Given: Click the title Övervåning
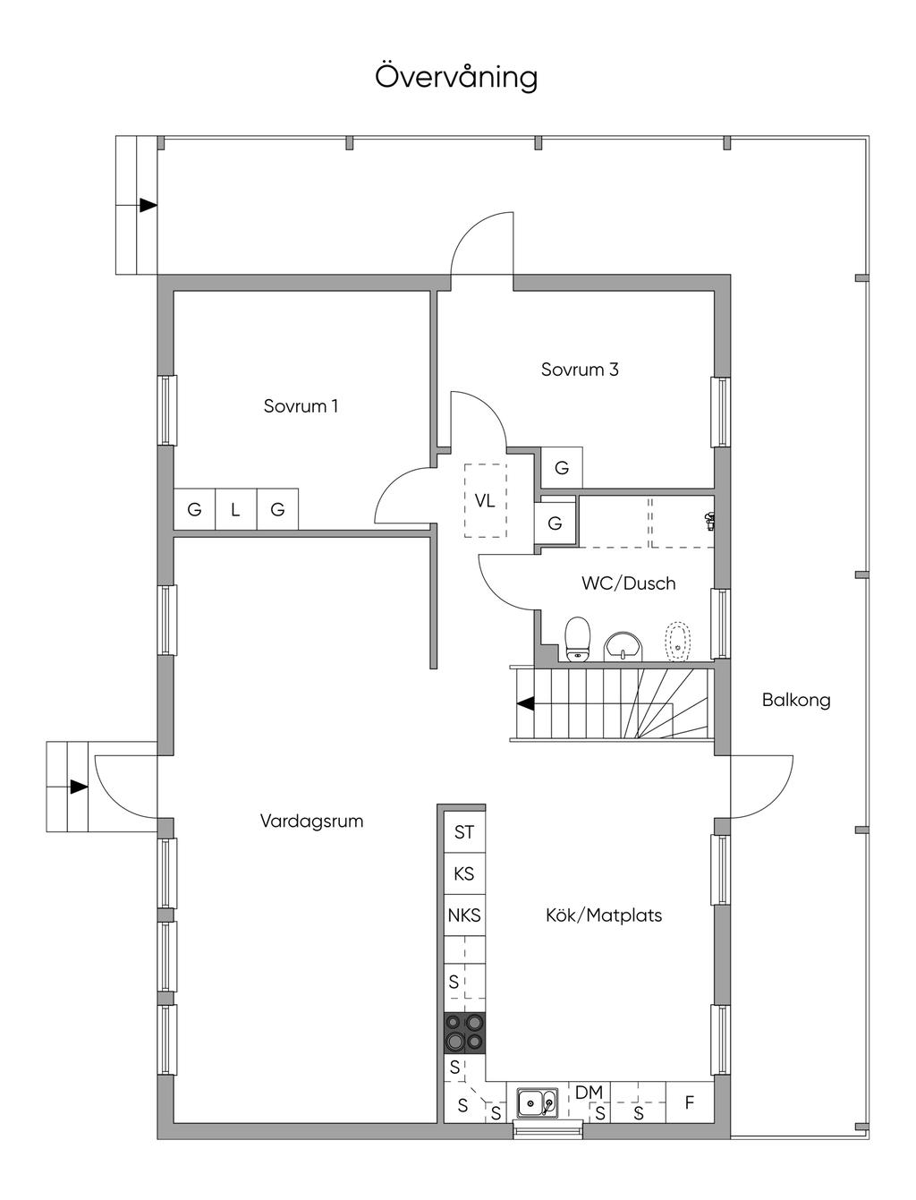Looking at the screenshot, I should pyautogui.click(x=456, y=77).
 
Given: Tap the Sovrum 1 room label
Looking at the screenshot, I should pyautogui.click(x=301, y=406).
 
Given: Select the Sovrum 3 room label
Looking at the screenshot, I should pyautogui.click(x=580, y=370).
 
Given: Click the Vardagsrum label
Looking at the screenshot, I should pyautogui.click(x=311, y=821).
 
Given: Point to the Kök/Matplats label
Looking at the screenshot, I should pyautogui.click(x=604, y=915).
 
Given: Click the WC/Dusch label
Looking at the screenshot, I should pyautogui.click(x=628, y=583).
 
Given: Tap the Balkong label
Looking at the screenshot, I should pyautogui.click(x=796, y=700).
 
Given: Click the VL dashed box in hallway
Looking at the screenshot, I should pyautogui.click(x=485, y=500).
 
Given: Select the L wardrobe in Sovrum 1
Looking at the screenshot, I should pyautogui.click(x=235, y=510).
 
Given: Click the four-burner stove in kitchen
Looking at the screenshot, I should pyautogui.click(x=465, y=1033).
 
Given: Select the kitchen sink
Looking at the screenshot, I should pyautogui.click(x=538, y=1103).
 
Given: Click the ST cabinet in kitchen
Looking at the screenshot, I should pyautogui.click(x=464, y=832).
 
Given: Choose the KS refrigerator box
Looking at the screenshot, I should pyautogui.click(x=464, y=873).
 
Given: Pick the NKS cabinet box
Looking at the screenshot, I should pyautogui.click(x=464, y=915).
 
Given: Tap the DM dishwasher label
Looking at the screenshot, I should pyautogui.click(x=589, y=1093).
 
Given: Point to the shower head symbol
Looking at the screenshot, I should pyautogui.click(x=709, y=518).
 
